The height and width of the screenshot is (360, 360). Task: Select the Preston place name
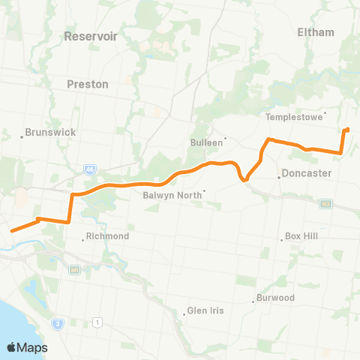[88, 84]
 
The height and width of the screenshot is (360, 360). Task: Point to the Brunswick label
[51, 132]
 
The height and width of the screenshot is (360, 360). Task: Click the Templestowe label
[294, 118]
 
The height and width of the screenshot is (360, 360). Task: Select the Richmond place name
[108, 236]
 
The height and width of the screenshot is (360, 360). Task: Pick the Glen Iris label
[205, 311]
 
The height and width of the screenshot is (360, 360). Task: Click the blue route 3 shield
[57, 323]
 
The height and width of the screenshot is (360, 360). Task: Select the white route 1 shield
[97, 322]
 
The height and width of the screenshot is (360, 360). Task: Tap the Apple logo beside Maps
[13, 347]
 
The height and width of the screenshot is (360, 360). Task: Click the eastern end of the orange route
[347, 130]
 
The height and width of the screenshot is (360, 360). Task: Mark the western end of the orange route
[10, 229]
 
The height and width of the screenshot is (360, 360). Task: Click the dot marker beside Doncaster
[279, 178]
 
